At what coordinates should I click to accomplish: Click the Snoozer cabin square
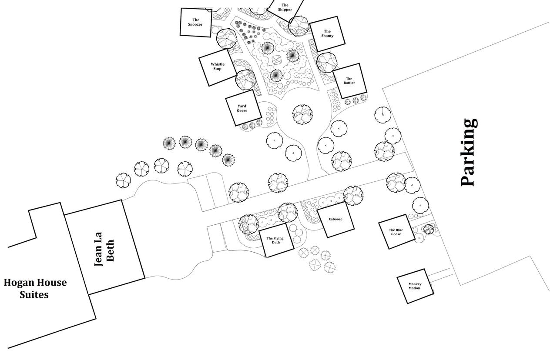coord(196,22)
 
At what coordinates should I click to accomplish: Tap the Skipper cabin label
coord(285,7)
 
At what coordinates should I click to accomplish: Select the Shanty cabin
coord(327,33)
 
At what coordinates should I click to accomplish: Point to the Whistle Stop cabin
coord(218,67)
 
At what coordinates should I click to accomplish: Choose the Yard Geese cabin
coord(242,108)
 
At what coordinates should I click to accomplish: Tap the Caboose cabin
coord(335,220)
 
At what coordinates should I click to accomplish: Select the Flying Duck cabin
coord(275,240)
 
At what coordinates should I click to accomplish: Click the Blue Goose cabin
coord(396,232)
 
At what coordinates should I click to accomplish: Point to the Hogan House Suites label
coord(35,288)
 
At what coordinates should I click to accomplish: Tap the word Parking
coord(469,152)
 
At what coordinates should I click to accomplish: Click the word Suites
coord(34,295)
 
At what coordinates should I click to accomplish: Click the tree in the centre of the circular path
coord(302,114)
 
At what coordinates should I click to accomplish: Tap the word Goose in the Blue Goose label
coord(396,234)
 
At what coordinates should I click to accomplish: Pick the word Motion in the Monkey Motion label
coord(415,288)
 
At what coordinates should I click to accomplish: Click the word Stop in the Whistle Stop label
coord(218,69)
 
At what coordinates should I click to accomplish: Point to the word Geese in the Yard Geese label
coord(242,111)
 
